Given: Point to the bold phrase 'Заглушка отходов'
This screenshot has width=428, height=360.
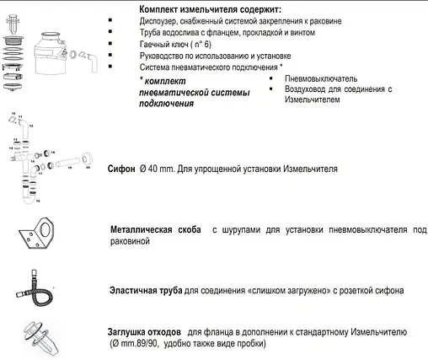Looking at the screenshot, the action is click(x=147, y=331).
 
